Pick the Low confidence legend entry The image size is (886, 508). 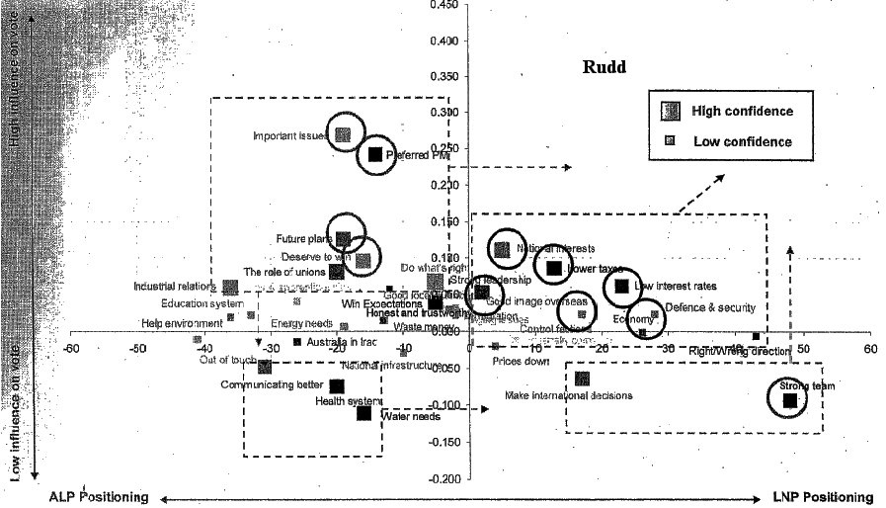point(742,141)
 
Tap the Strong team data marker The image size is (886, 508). point(789,399)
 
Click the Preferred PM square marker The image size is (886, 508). point(375,154)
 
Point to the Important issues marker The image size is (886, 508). point(343,135)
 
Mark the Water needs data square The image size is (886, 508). point(363,413)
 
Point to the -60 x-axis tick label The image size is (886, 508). point(71,349)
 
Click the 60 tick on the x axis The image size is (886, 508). point(870,349)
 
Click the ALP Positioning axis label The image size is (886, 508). point(99,497)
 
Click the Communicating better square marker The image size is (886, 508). point(337,386)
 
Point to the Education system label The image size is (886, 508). point(196,303)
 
